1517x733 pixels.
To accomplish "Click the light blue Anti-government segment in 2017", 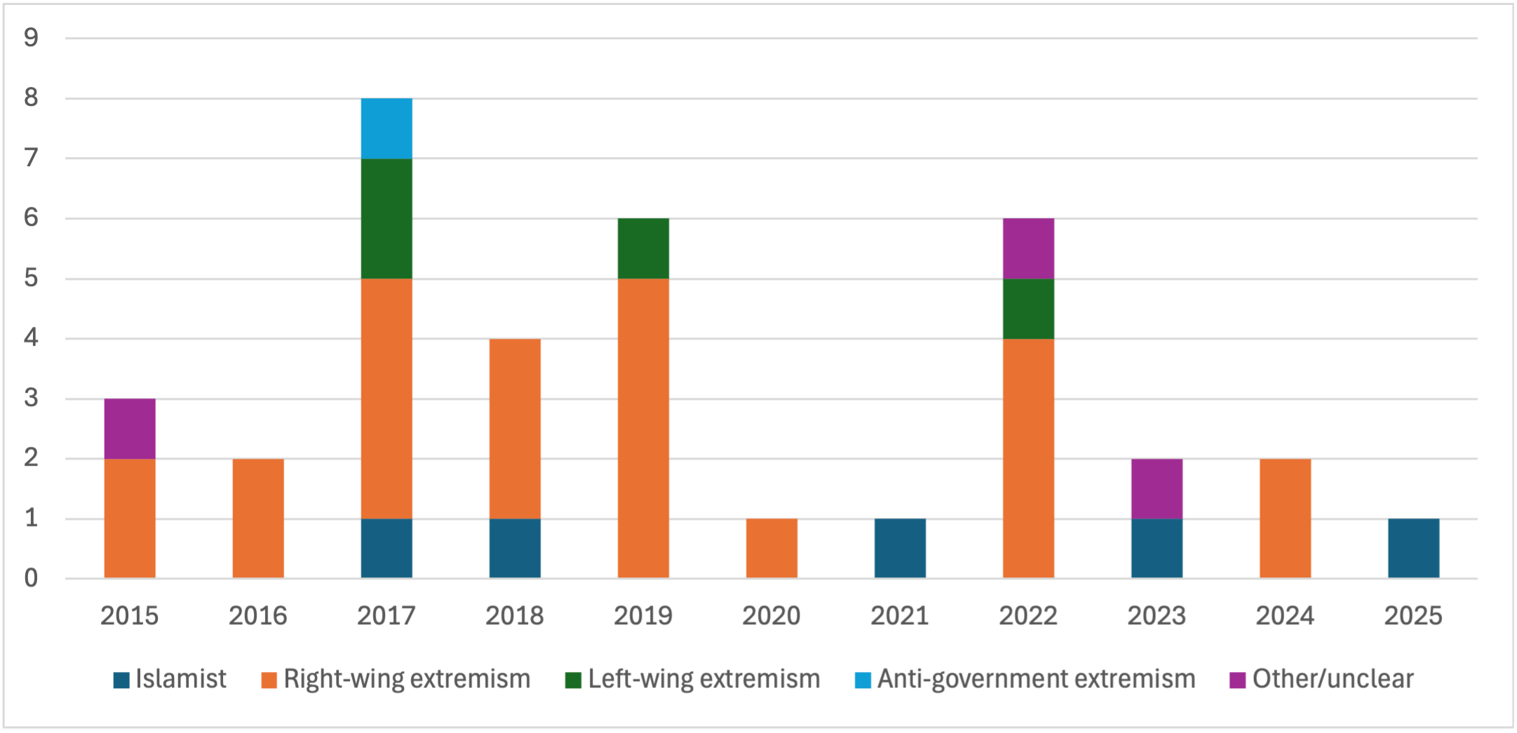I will [x=386, y=128].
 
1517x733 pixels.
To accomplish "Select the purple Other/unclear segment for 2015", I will [x=130, y=429].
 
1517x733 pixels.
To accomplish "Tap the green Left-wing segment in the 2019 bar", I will [x=643, y=248].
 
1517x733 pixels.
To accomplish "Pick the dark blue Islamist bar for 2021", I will [x=900, y=549].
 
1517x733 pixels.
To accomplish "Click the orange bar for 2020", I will [x=771, y=549].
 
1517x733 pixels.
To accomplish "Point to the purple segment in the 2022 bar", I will [x=1028, y=248].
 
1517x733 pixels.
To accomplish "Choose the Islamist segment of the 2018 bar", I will [x=515, y=549].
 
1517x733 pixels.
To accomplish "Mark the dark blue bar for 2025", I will [x=1413, y=549].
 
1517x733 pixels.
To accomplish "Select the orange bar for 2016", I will [x=258, y=518].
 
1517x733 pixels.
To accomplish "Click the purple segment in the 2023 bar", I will [x=1157, y=489].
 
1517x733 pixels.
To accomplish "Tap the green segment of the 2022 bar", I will [x=1028, y=309].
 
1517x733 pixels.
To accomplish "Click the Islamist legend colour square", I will [x=121, y=680].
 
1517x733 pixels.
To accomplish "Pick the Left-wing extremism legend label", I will [x=703, y=679].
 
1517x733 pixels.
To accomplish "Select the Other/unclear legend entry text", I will [x=1333, y=679].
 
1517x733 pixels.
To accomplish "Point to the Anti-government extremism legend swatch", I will [x=863, y=680].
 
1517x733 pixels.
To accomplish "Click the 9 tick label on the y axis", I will [x=31, y=38].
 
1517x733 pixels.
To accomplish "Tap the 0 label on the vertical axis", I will [x=31, y=579].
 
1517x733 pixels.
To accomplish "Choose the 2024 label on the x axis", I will [x=1285, y=616].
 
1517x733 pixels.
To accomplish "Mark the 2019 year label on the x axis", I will [x=643, y=616].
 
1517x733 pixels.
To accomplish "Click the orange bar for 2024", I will [x=1285, y=518].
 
